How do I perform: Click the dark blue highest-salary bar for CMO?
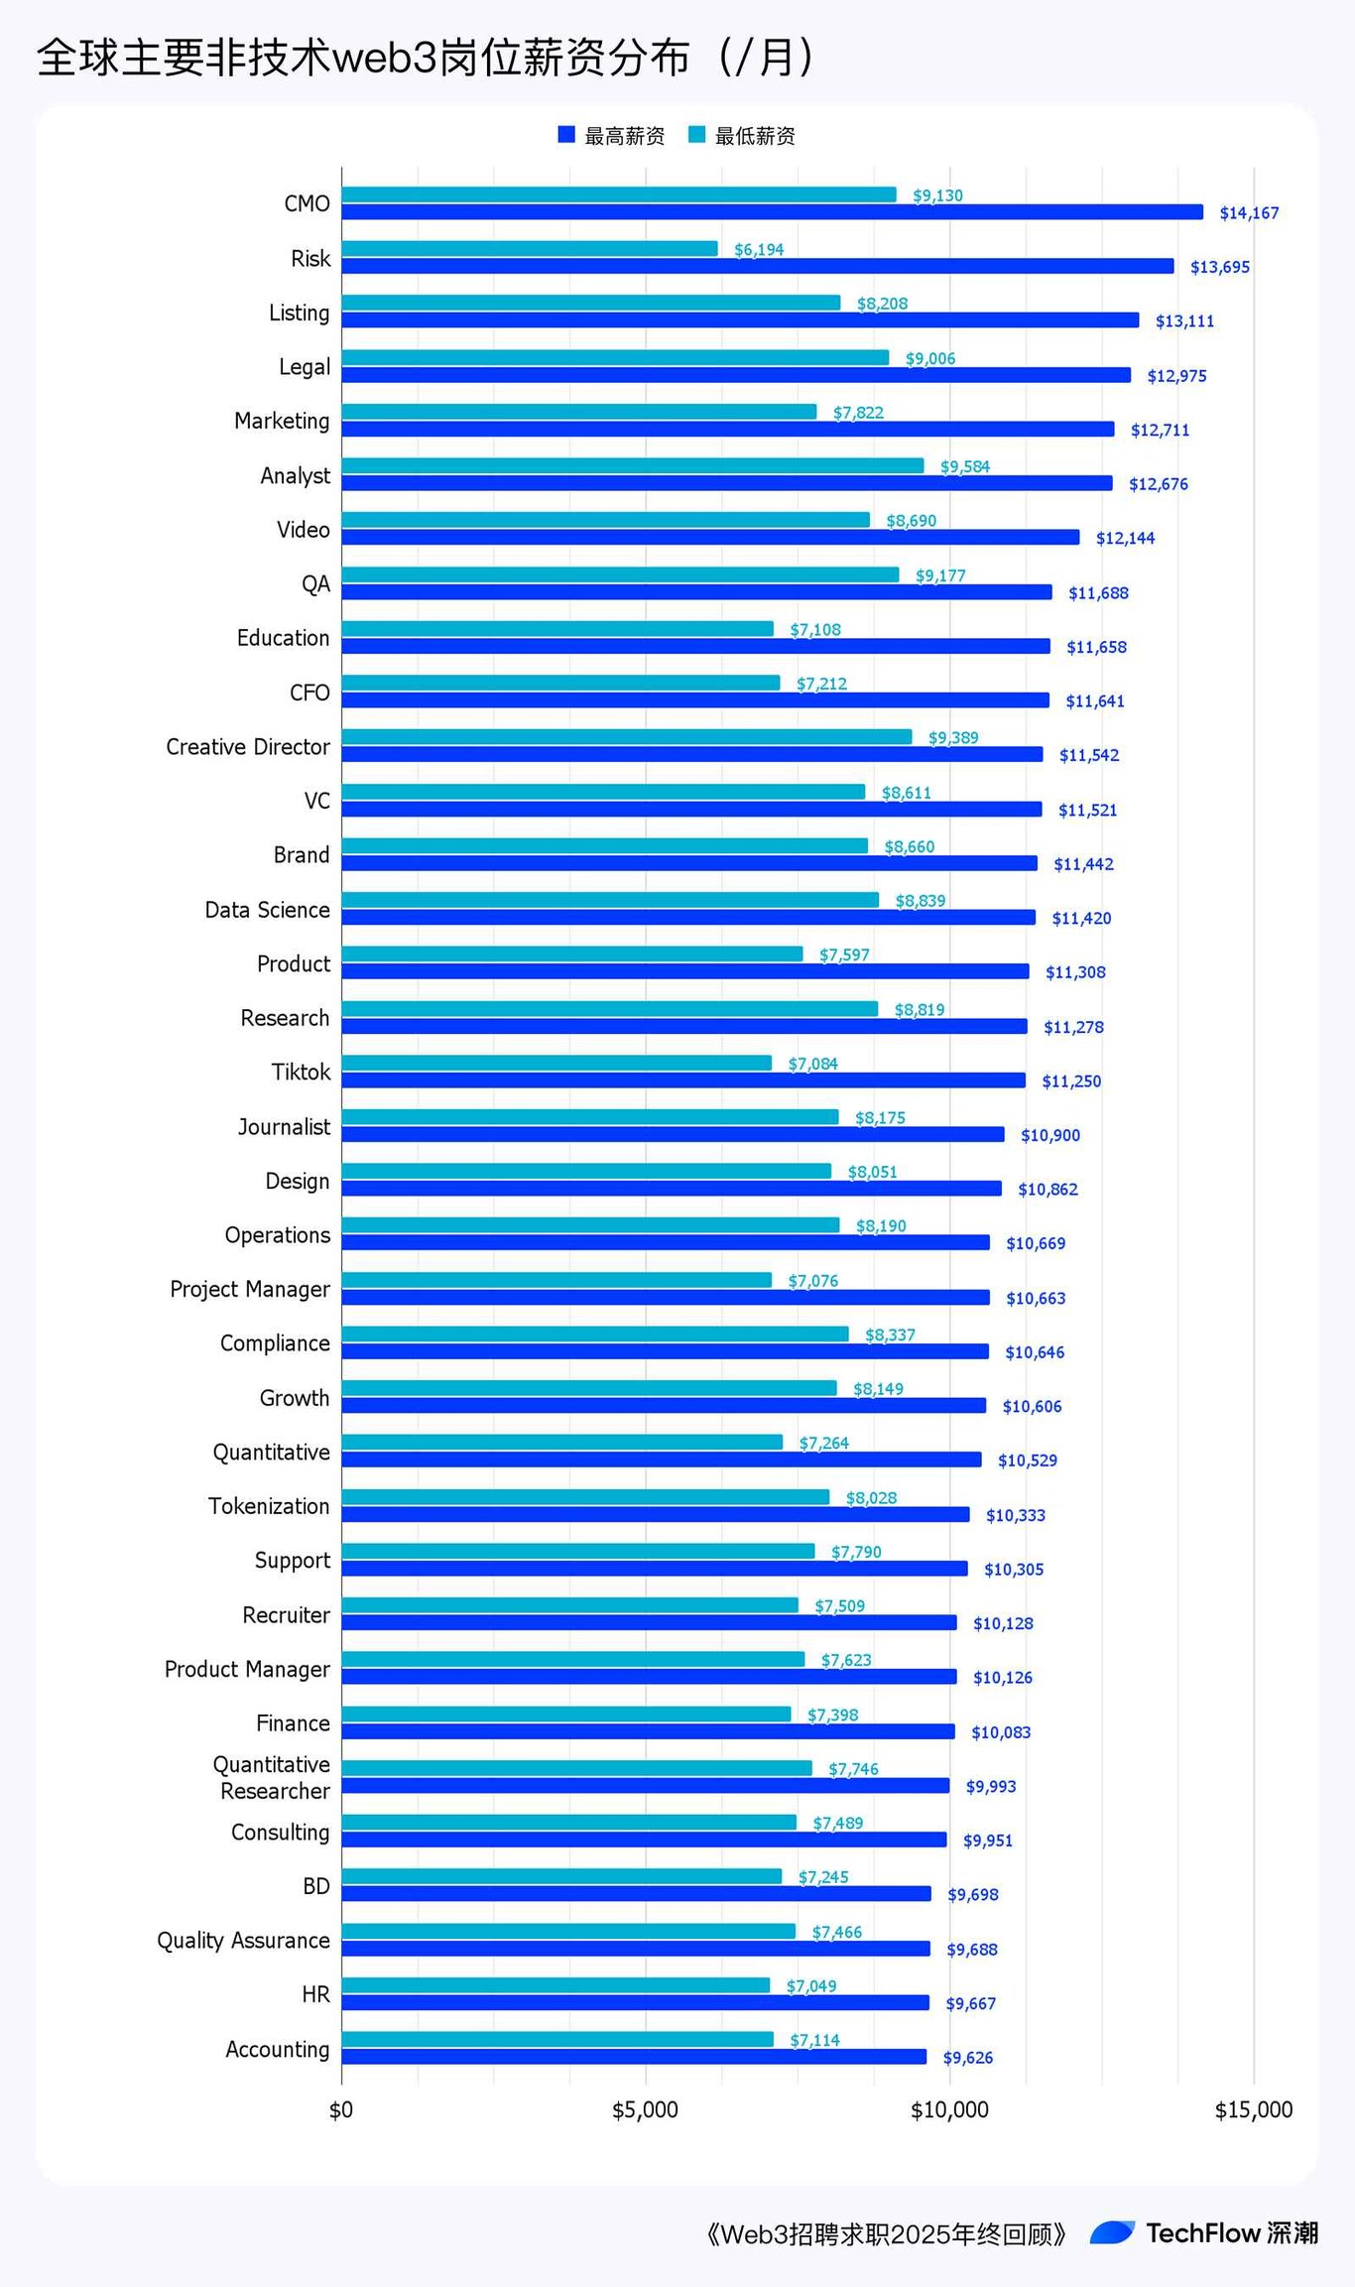[x=772, y=212]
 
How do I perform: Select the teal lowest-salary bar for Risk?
[x=529, y=249]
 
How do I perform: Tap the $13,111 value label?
[x=1184, y=321]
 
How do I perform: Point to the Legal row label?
[x=304, y=367]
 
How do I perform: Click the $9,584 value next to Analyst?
[x=964, y=466]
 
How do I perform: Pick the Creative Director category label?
[x=247, y=747]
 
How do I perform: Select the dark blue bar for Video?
[x=710, y=538]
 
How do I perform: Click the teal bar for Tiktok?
[x=556, y=1064]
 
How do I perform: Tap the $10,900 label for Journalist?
[x=1049, y=1135]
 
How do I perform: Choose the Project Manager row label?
[x=249, y=1289]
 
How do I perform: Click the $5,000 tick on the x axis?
[x=645, y=2110]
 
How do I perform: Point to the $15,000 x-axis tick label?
[x=1253, y=2110]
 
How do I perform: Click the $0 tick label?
[x=341, y=2110]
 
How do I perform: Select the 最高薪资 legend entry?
[x=611, y=136]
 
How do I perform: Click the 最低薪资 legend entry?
[x=742, y=136]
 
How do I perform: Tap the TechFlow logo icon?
[x=1112, y=2232]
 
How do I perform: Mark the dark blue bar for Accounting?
[x=634, y=2057]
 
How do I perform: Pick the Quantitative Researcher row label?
[x=273, y=1778]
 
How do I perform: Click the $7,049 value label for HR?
[x=810, y=1985]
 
